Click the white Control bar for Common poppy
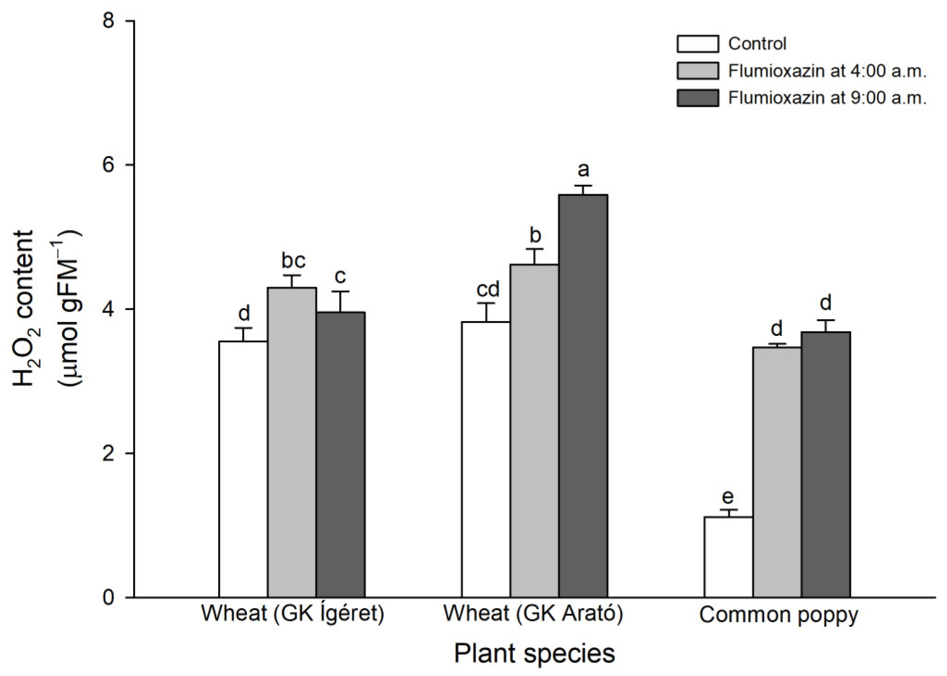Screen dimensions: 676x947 [x=728, y=557]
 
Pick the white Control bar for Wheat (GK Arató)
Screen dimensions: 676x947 [x=486, y=459]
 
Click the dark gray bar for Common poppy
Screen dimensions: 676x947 [x=825, y=464]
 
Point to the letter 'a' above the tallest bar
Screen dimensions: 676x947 [x=583, y=170]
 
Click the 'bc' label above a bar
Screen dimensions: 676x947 [x=293, y=261]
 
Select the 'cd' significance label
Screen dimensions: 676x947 [x=488, y=290]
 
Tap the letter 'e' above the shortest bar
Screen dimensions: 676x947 [x=727, y=497]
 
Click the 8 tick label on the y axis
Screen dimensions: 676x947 [x=108, y=21]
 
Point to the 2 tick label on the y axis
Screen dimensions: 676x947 [x=108, y=453]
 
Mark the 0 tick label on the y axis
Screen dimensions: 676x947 [x=108, y=597]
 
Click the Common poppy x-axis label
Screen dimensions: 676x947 [x=778, y=615]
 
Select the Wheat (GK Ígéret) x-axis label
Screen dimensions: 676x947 [x=292, y=614]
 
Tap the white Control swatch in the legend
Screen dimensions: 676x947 [x=697, y=44]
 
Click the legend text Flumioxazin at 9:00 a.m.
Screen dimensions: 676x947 [x=827, y=98]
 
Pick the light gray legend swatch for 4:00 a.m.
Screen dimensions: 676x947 [x=697, y=71]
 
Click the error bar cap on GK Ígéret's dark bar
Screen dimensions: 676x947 [x=340, y=292]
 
